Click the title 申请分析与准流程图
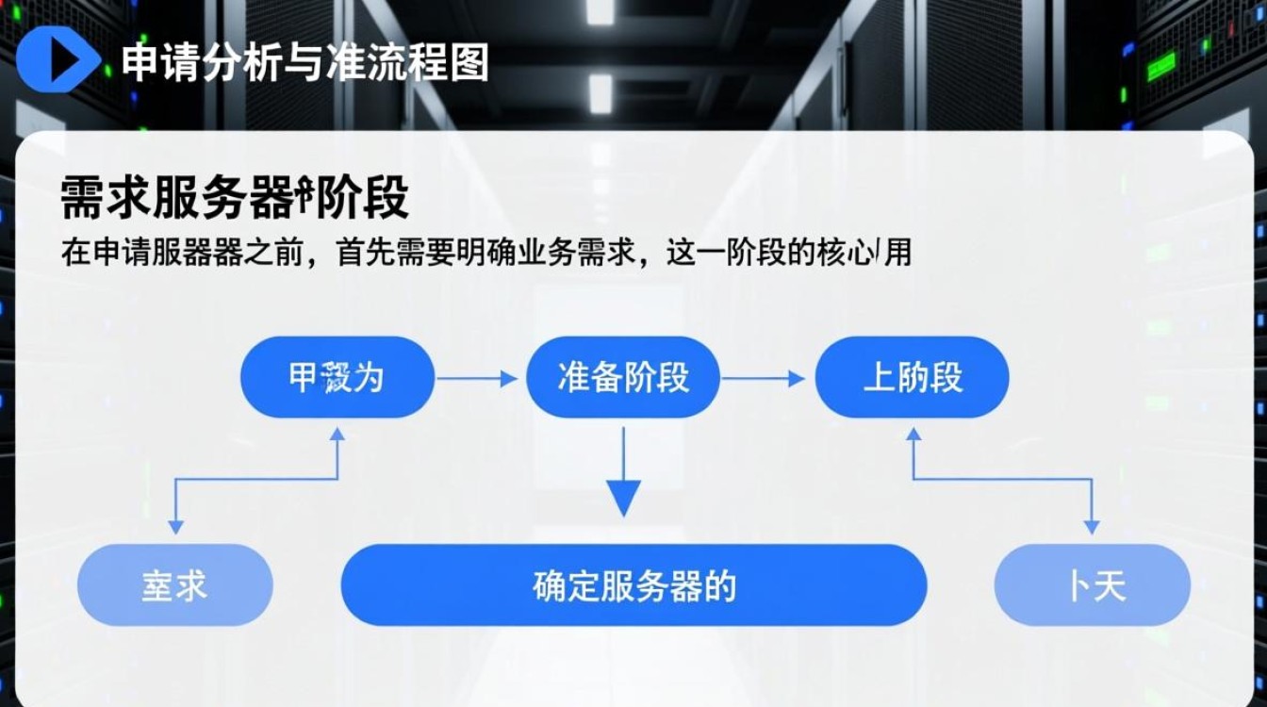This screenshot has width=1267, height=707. point(304,62)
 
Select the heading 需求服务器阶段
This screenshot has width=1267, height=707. point(234,200)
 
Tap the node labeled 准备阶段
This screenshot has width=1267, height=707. point(623,378)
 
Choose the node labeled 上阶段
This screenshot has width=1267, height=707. point(912,378)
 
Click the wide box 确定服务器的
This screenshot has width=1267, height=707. point(633,585)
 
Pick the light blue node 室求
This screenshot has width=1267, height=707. point(174,585)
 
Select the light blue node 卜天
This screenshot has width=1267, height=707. point(1093,585)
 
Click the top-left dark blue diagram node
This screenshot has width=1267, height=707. point(337,378)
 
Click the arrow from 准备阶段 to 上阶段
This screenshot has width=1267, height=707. point(764,379)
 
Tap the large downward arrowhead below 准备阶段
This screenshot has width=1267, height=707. point(623,498)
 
